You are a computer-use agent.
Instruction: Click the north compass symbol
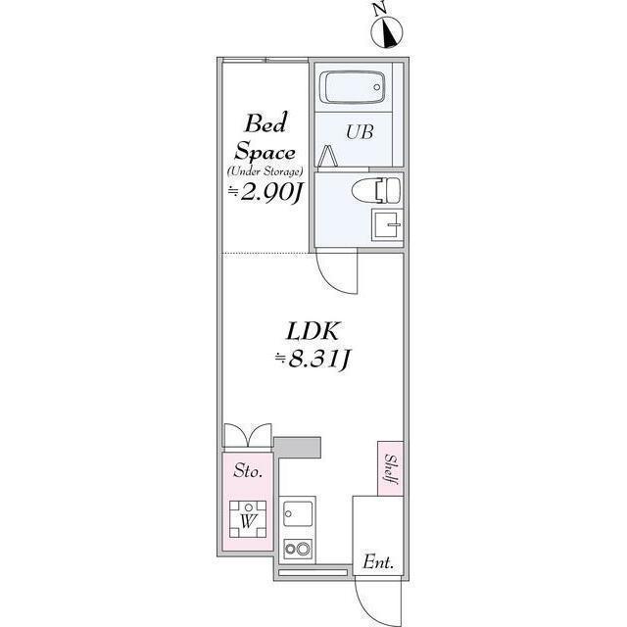coord(387,32)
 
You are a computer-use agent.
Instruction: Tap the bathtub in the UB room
coord(353,87)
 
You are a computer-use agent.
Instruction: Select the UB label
coord(360,132)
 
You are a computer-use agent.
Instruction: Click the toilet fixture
coord(376,190)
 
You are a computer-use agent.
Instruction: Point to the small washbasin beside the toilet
coord(387,224)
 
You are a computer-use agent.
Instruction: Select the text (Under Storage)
coord(265,171)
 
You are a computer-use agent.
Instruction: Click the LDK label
coord(313,331)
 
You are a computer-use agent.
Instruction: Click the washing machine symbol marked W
coord(248,519)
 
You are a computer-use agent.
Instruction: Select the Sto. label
coord(248,470)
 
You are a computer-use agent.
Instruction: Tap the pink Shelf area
coord(390,468)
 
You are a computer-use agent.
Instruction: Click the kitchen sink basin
coord(298,513)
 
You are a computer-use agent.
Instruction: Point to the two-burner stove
coord(298,549)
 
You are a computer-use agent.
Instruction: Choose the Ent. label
coord(378,562)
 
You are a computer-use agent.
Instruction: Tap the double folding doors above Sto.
coord(248,435)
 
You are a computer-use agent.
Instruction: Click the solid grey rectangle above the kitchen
coord(298,448)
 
